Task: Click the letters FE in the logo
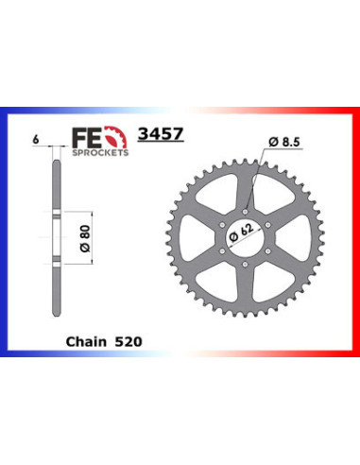coord(86,137)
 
